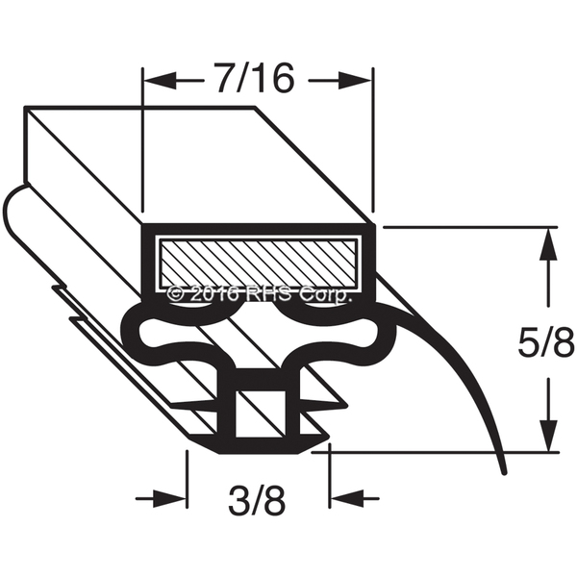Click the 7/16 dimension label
[x=256, y=80]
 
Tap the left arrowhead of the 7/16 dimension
[x=159, y=80]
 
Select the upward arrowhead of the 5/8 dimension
[x=549, y=244]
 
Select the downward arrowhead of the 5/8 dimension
[x=549, y=435]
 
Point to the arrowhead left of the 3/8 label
[x=169, y=499]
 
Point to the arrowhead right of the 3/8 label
[x=346, y=499]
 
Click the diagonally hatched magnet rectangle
[x=258, y=263]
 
